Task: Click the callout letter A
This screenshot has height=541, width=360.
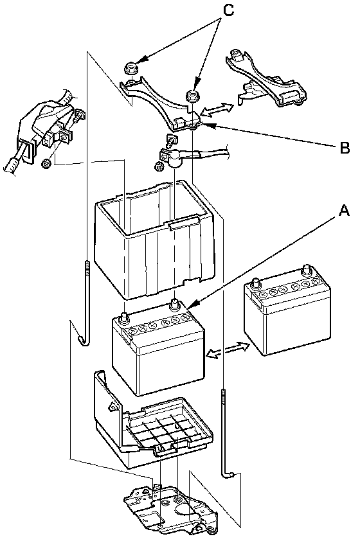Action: click(344, 210)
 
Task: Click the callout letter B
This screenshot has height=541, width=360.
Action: click(345, 148)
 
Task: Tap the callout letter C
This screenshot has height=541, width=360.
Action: click(228, 10)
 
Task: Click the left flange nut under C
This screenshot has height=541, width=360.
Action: click(132, 67)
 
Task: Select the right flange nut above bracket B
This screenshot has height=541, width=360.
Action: click(193, 95)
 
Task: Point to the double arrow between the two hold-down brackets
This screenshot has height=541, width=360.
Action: click(217, 109)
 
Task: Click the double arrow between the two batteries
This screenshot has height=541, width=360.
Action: click(227, 350)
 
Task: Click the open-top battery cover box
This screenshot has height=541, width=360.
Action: click(155, 242)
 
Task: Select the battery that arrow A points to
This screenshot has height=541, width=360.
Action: click(159, 348)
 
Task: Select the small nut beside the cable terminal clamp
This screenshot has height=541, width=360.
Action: click(159, 166)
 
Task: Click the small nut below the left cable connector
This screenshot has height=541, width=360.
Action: click(45, 163)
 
